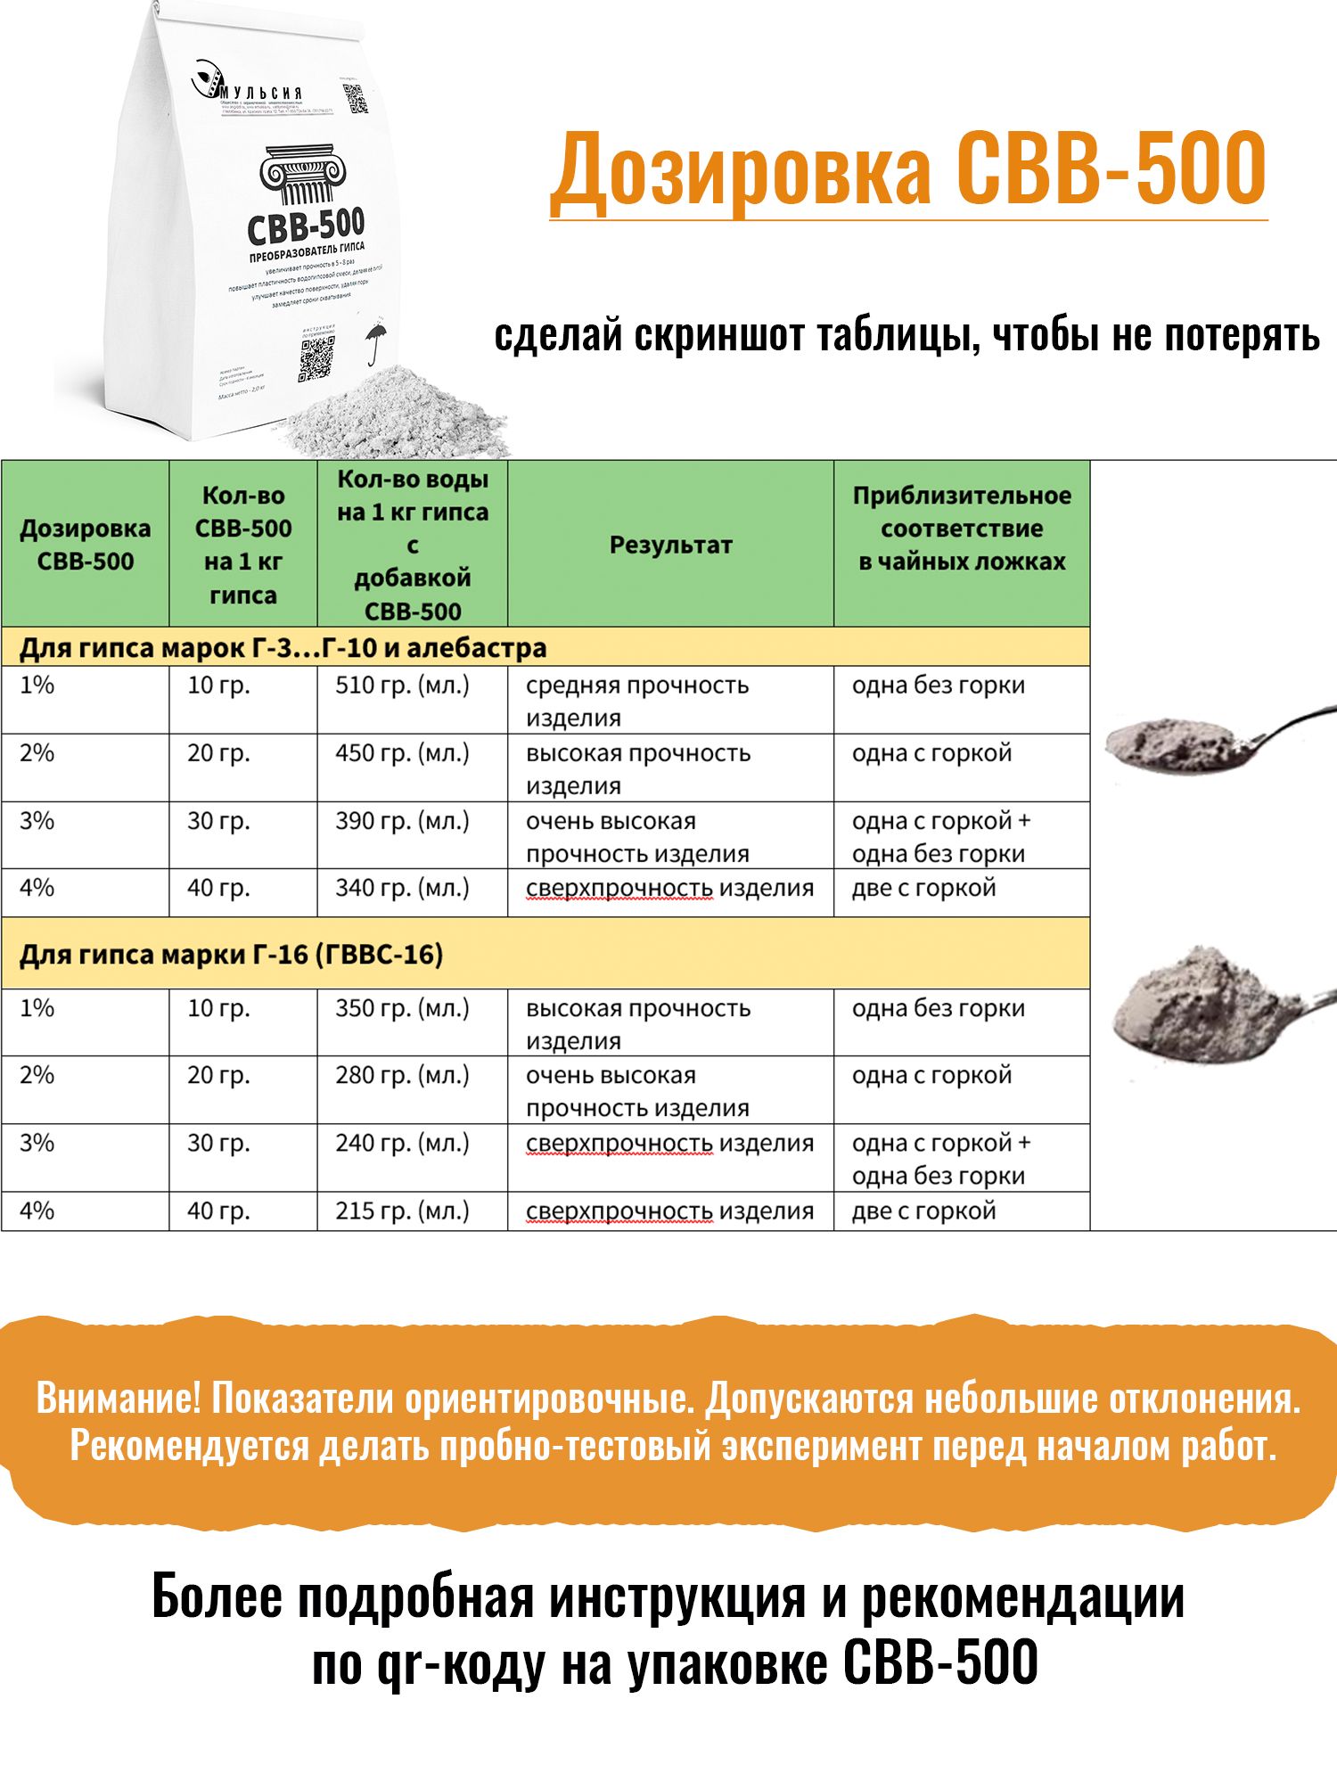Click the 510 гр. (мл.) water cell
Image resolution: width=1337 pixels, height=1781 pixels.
pos(402,685)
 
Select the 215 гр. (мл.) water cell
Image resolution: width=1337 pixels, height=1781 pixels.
pos(402,1211)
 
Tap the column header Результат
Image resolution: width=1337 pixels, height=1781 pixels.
pos(670,545)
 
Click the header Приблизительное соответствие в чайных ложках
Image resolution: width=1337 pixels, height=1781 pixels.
pos(962,529)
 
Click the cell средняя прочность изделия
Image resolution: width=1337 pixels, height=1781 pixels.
pos(637,701)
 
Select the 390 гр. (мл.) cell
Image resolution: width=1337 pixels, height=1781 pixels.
pos(402,821)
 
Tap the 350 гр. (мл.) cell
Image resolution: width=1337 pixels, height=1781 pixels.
pos(402,1008)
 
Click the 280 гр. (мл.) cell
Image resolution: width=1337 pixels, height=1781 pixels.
pos(402,1075)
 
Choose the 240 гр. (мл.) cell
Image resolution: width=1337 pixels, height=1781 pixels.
pos(402,1143)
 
